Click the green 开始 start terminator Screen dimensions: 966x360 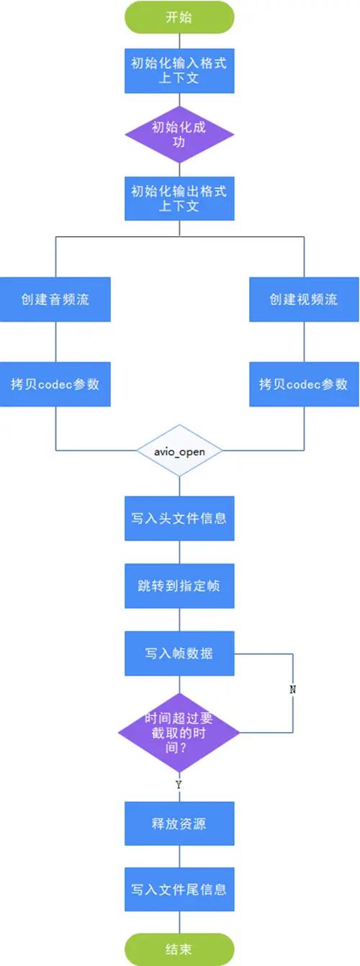pos(179,17)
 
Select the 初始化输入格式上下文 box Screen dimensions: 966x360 pos(179,71)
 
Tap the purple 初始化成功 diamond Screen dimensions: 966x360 pos(179,135)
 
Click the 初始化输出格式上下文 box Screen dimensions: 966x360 pos(179,199)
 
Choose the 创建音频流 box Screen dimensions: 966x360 pos(55,299)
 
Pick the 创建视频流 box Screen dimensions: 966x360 pos(303,299)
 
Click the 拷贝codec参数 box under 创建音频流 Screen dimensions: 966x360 pos(55,384)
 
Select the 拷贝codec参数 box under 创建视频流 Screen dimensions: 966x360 pos(303,384)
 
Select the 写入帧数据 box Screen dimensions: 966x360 pos(179,654)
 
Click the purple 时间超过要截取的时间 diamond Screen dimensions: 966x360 pos(179,734)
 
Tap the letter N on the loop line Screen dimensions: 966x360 pos(293,689)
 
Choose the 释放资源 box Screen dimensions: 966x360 pos(179,823)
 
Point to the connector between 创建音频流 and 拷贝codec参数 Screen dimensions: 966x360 pos(55,341)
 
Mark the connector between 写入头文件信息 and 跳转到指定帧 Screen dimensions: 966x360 pos(179,551)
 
